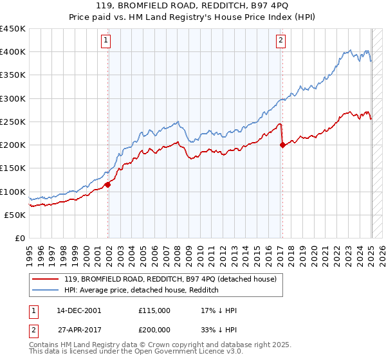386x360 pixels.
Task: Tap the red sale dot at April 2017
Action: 282,145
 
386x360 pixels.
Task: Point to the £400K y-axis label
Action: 13,52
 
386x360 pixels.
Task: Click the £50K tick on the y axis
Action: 16,215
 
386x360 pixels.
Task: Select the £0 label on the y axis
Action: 20,239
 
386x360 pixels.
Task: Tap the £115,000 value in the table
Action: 154,310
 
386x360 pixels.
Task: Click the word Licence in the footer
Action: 189,352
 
